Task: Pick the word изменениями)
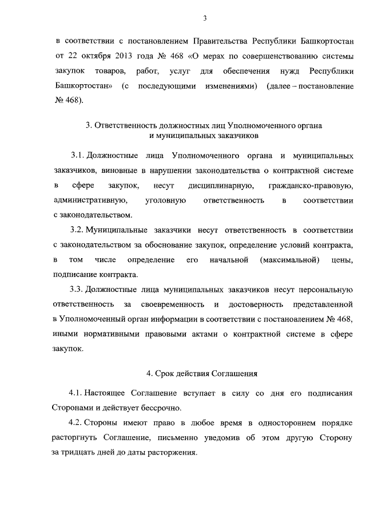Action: (x=229, y=86)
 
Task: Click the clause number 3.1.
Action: (x=77, y=156)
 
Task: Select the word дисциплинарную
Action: (x=221, y=186)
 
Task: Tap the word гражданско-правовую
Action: (x=310, y=186)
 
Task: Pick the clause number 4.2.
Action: (x=76, y=422)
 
